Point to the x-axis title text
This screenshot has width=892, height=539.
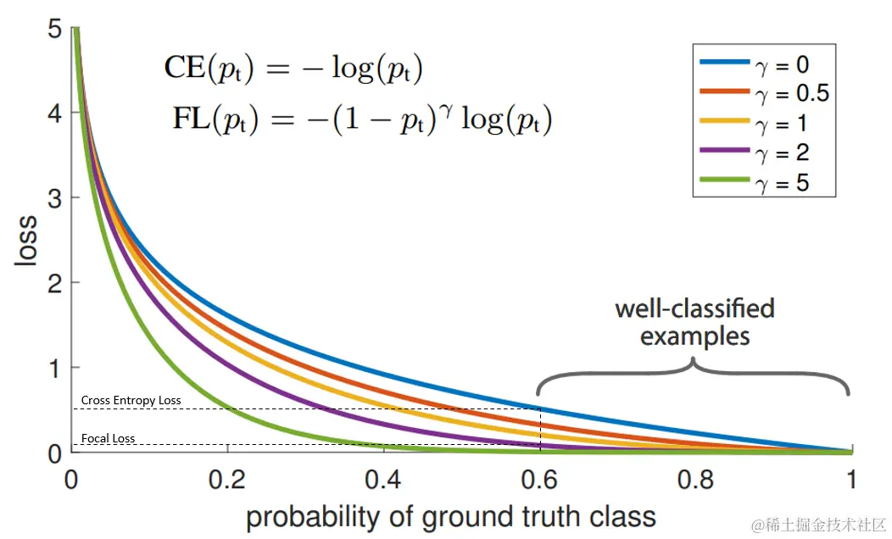point(451,515)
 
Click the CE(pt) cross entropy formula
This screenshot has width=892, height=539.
point(293,69)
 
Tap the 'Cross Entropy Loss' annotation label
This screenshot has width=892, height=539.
point(131,400)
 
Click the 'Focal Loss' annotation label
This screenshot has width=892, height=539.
point(108,439)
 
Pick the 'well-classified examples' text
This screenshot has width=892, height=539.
point(694,321)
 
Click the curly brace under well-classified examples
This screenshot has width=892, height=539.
point(694,372)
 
